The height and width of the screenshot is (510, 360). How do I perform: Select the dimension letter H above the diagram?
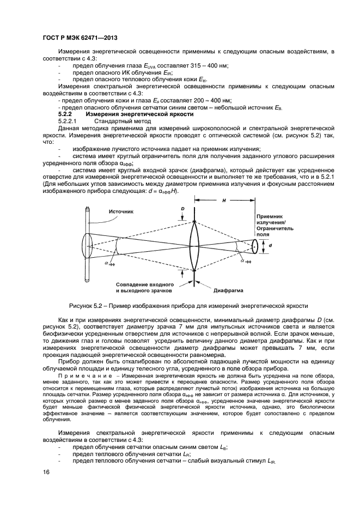224,201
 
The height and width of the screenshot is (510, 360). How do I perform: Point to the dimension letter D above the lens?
183,209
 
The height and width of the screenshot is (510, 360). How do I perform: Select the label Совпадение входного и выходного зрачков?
144,287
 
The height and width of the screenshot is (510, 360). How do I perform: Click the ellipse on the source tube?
87,246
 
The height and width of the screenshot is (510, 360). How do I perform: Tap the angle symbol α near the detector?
243,260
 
